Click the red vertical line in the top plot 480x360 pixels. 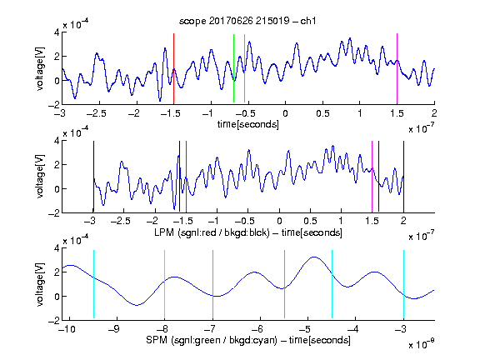click(173, 69)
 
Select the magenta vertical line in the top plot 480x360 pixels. click(397, 69)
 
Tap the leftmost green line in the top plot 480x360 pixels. click(233, 68)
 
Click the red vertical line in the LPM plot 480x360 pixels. click(186, 177)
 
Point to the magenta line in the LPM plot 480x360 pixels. click(372, 177)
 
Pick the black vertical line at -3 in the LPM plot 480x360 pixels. click(93, 177)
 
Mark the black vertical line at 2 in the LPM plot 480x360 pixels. click(403, 177)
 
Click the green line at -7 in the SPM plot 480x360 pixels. click(212, 284)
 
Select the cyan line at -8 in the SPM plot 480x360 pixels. click(164, 284)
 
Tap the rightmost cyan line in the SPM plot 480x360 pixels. click(403, 284)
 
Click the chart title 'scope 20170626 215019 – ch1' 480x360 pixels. click(247, 21)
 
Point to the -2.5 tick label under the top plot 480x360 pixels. click(96, 113)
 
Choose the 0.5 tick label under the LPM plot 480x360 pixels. click(310, 221)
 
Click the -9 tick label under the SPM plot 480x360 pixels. click(114, 329)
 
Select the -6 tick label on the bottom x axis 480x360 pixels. click(257, 329)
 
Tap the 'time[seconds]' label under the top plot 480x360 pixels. click(248, 124)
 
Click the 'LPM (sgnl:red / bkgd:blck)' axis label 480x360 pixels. click(212, 232)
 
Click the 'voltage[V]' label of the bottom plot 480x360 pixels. click(40, 284)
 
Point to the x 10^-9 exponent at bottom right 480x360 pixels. click(421, 344)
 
